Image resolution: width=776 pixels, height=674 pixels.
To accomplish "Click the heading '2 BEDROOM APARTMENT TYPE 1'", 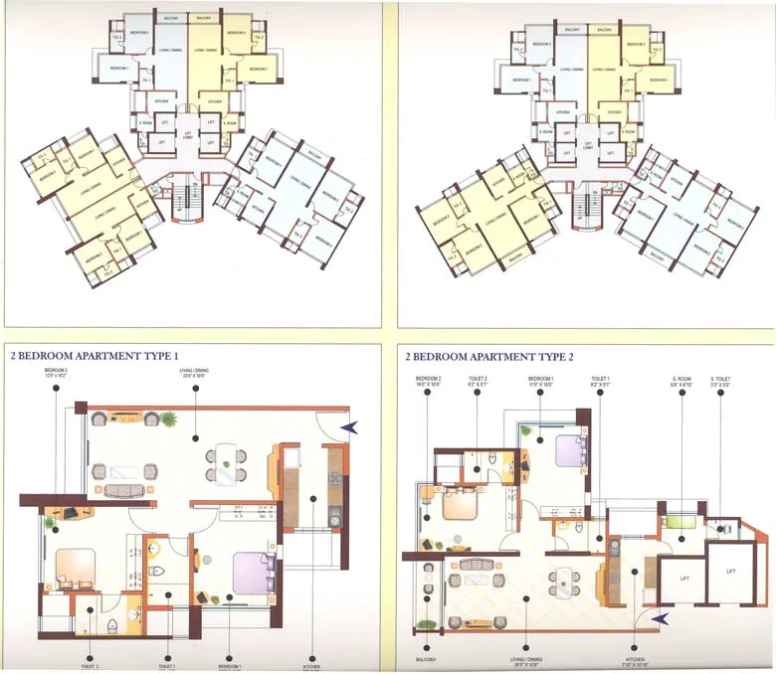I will tap(94, 355).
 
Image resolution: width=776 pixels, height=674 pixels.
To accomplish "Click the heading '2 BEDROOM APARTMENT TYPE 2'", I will tap(489, 355).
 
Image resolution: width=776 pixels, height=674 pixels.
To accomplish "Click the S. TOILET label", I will tap(722, 380).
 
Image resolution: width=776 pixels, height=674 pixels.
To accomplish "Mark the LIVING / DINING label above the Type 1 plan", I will tap(195, 374).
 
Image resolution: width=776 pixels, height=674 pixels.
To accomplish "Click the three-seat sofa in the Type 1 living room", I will tap(124, 491).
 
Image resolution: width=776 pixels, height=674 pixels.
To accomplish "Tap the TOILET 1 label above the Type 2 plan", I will tap(600, 380).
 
